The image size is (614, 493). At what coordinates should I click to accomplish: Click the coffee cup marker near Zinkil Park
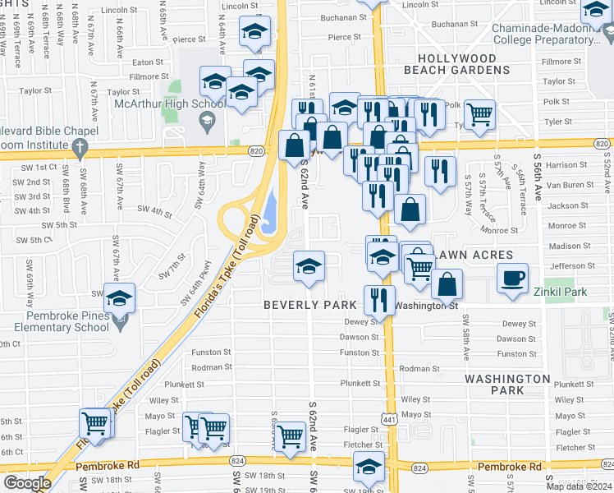(x=512, y=277)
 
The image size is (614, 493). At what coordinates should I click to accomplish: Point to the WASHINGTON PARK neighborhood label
(x=507, y=384)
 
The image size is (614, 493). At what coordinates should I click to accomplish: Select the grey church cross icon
(x=80, y=148)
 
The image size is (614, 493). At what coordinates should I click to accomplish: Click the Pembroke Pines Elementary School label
(x=56, y=320)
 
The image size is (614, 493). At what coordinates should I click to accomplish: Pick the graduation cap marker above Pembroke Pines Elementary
(x=120, y=298)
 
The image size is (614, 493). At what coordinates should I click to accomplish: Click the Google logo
(x=27, y=482)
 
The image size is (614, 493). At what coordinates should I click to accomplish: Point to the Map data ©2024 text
(x=579, y=486)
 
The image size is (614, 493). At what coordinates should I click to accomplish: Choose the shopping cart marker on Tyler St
(x=480, y=114)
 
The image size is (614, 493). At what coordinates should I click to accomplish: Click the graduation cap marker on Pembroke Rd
(x=369, y=466)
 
